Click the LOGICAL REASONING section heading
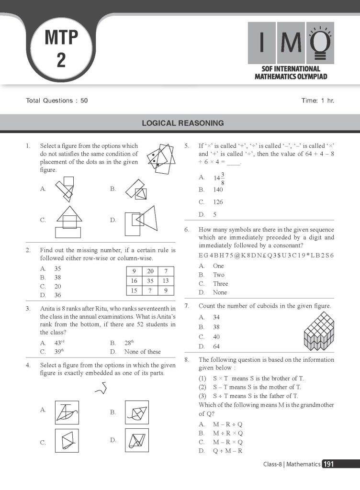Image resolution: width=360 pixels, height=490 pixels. click(182, 123)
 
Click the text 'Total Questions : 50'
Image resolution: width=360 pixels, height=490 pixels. click(57, 101)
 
